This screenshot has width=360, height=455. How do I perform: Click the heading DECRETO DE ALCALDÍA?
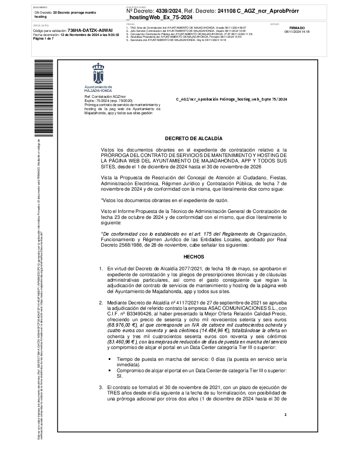coord(194,138)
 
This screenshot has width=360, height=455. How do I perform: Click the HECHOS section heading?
coord(194,257)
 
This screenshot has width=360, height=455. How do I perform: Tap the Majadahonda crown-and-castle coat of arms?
coord(98,74)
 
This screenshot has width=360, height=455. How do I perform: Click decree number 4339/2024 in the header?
coord(169,11)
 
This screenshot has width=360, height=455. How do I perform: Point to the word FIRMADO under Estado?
coord(297,28)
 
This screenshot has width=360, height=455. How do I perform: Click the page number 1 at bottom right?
coord(285,415)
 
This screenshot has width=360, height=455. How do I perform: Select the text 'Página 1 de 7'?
coord(44,39)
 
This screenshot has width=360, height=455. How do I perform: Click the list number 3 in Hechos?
coord(101,387)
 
